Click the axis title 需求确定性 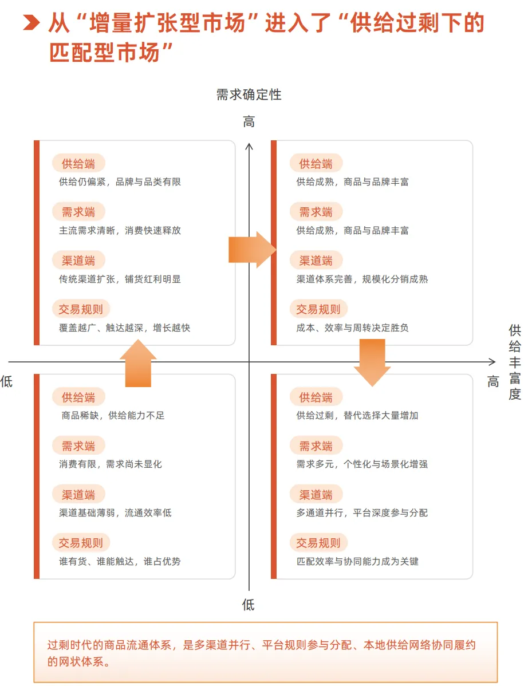click(x=249, y=95)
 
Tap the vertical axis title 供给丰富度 click(x=515, y=362)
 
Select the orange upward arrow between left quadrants click(x=138, y=363)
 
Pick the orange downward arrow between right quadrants click(x=372, y=362)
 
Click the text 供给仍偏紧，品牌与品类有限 click(x=120, y=182)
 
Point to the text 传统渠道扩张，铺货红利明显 click(x=120, y=279)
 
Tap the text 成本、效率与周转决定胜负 click(x=352, y=328)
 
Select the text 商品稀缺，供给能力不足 click(x=113, y=416)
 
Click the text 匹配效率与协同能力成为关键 click(x=357, y=562)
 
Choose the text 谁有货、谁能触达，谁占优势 click(x=120, y=562)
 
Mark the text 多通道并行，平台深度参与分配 click(x=362, y=513)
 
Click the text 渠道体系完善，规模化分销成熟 click(x=362, y=279)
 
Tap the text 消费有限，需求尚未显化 click(x=111, y=464)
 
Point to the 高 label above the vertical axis click(x=249, y=122)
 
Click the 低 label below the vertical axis click(x=249, y=605)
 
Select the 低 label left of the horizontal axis click(x=6, y=382)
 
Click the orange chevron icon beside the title click(x=31, y=23)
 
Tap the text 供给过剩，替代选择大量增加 click(x=357, y=416)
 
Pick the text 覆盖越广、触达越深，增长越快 click(x=124, y=328)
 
